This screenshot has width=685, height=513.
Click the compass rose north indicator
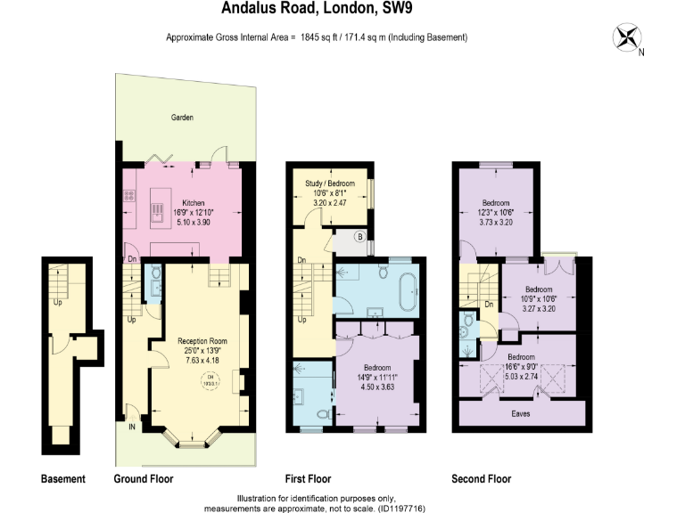[x=629, y=38]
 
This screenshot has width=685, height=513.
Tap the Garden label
[x=182, y=118]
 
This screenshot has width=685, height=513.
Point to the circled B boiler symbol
[x=359, y=237]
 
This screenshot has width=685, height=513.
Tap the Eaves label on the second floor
[x=522, y=413]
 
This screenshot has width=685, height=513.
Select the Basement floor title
[x=63, y=479]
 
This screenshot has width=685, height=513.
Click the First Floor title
[x=309, y=479]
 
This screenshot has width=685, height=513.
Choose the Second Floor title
[x=482, y=479]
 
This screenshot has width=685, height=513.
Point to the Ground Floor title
[x=144, y=479]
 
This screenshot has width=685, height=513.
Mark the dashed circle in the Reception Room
[x=210, y=380]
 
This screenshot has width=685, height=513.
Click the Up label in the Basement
[x=58, y=301]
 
